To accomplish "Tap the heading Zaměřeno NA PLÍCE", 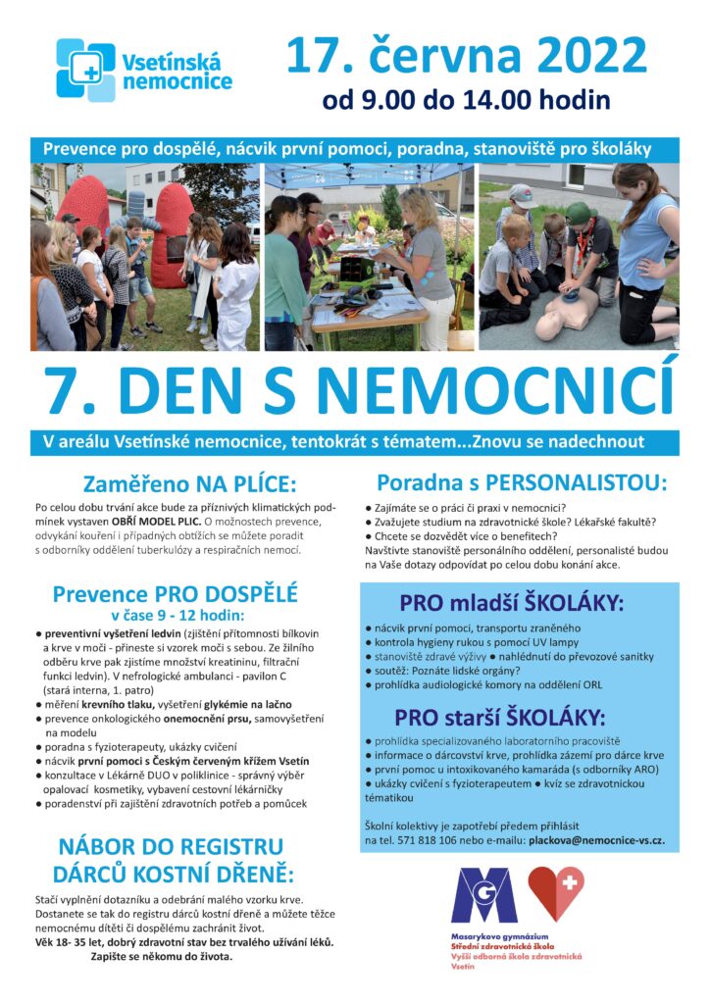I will click(x=176, y=484).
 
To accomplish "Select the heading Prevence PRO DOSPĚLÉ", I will click(x=176, y=593).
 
